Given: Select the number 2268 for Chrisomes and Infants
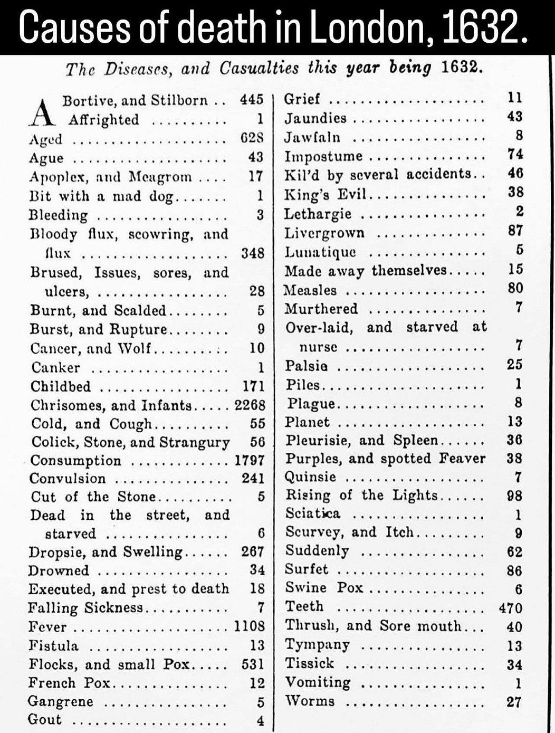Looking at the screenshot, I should pos(250,405).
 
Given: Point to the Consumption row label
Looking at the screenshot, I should pos(75,461).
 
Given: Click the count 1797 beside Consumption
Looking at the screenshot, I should pos(250,461).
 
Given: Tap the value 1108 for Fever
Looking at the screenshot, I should pos(250,626).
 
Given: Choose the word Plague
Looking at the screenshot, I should pos(311,404).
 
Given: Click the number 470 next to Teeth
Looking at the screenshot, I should pos(511,608).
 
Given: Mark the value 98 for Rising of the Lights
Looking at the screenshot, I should pos(514,496).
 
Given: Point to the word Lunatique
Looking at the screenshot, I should pos(320,252).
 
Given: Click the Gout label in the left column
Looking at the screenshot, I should pos(44,720).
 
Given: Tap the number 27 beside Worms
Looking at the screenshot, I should pos(514,702).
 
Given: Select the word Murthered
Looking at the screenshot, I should pos(321,309).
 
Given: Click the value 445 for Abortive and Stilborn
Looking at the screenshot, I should pos(252,100).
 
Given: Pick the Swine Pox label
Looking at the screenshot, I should pos(324,588).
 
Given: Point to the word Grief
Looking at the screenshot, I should pos(302,99).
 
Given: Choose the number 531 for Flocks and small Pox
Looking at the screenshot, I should pos(253,664).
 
